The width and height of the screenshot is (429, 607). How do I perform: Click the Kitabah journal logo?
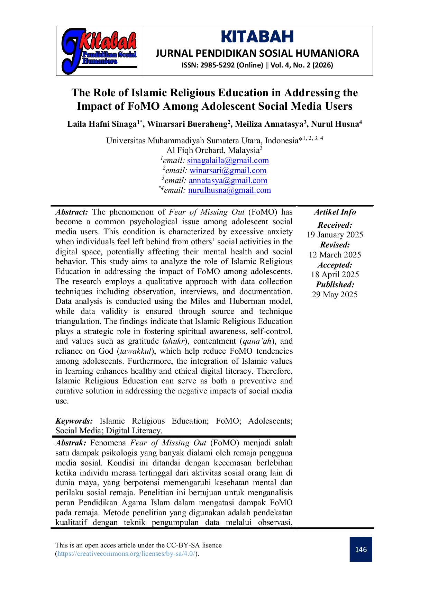[99, 51]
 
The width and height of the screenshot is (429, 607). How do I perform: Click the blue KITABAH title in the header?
[257, 37]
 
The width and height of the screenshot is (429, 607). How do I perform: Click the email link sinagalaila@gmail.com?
[228, 161]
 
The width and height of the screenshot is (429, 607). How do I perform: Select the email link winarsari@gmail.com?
[228, 171]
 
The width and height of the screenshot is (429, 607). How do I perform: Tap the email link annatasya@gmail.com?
[228, 180]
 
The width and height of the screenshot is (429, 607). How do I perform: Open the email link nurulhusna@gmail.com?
[229, 190]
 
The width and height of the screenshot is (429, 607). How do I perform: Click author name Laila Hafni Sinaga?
[102, 124]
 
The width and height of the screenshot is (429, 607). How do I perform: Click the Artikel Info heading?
[335, 212]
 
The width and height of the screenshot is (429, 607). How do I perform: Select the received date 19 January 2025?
[335, 235]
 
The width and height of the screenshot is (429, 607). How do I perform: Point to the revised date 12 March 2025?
[335, 255]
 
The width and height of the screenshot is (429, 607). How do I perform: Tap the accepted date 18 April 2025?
[335, 275]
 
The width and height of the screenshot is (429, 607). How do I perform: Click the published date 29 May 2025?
[335, 295]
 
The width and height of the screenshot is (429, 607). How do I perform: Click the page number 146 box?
[361, 549]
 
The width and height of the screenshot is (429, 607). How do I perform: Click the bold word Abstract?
[72, 212]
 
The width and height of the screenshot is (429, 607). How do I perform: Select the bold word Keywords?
[74, 421]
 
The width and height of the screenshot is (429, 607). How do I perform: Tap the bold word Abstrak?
[71, 443]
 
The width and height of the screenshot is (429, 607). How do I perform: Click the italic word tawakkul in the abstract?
[136, 351]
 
